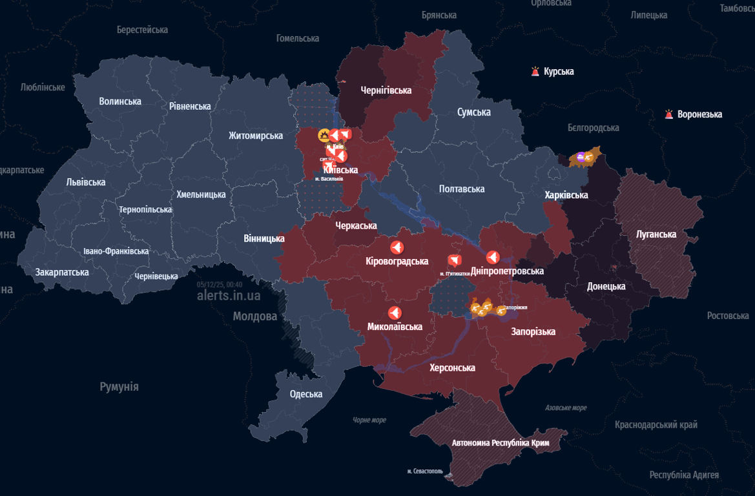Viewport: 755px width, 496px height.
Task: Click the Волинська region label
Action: (x=120, y=101)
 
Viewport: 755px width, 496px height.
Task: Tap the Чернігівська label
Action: (x=386, y=90)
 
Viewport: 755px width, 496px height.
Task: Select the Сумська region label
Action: (x=473, y=112)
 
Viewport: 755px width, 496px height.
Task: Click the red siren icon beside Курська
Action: (x=535, y=72)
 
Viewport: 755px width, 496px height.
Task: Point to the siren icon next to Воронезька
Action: (x=669, y=114)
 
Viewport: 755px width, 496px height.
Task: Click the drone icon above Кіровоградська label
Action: (x=397, y=247)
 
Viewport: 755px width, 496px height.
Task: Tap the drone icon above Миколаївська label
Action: (x=394, y=313)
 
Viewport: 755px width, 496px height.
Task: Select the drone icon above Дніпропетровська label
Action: (x=493, y=258)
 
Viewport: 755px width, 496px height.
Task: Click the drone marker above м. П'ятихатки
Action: (x=455, y=261)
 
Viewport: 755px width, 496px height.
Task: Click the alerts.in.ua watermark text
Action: (x=229, y=296)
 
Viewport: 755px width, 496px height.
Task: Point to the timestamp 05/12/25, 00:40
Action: (x=220, y=284)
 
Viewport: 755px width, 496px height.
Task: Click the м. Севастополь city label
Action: (x=425, y=471)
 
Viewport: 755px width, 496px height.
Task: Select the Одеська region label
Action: (x=306, y=395)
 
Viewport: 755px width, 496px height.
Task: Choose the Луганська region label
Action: (x=656, y=234)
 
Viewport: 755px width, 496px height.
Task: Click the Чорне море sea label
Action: (x=369, y=420)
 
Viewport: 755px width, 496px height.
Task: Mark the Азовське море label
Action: (x=566, y=408)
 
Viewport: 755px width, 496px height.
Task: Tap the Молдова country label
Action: (x=255, y=316)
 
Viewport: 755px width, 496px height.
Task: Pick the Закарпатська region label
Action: (x=62, y=272)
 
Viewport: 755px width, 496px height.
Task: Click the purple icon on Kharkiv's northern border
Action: (x=580, y=156)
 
